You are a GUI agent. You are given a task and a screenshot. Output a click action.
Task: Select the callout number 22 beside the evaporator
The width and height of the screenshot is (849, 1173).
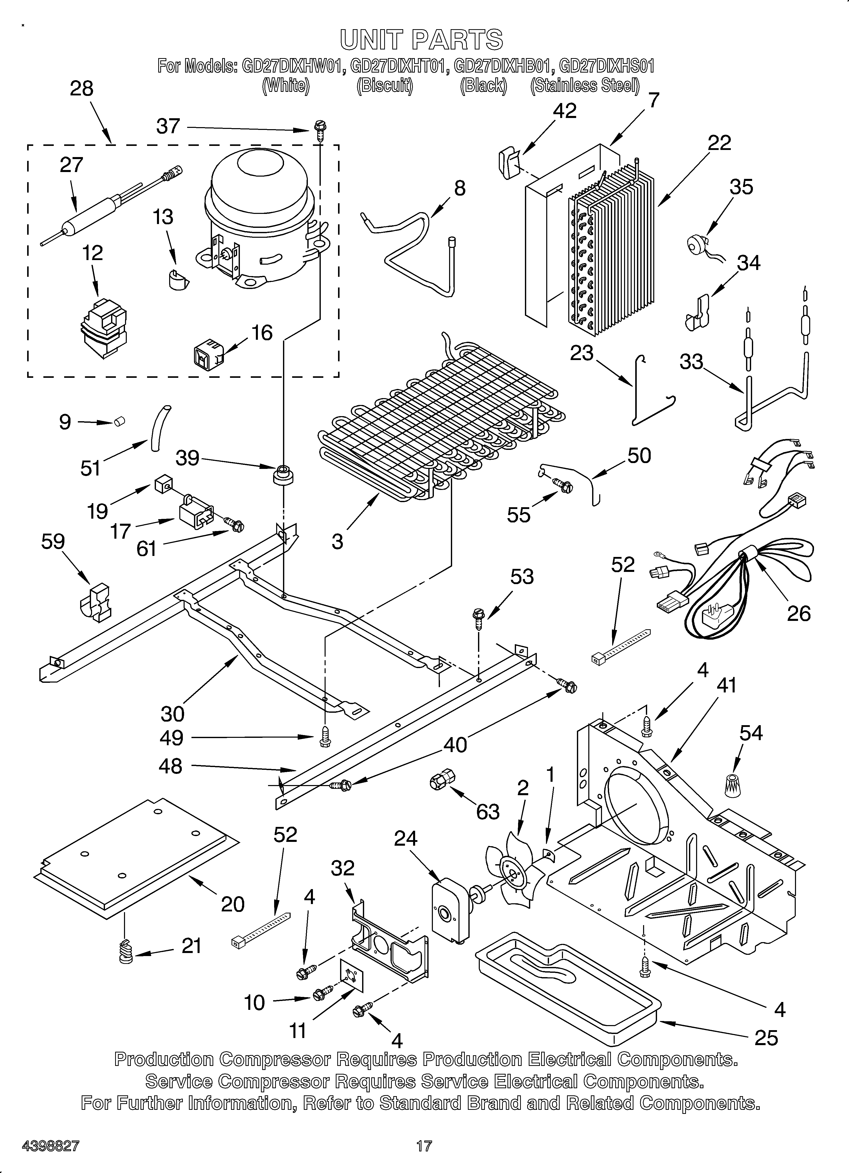click(x=719, y=143)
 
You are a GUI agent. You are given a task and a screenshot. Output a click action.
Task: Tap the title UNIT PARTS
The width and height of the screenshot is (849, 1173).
click(x=421, y=40)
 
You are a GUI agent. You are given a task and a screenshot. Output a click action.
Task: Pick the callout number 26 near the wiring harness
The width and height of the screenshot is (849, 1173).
click(x=798, y=613)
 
